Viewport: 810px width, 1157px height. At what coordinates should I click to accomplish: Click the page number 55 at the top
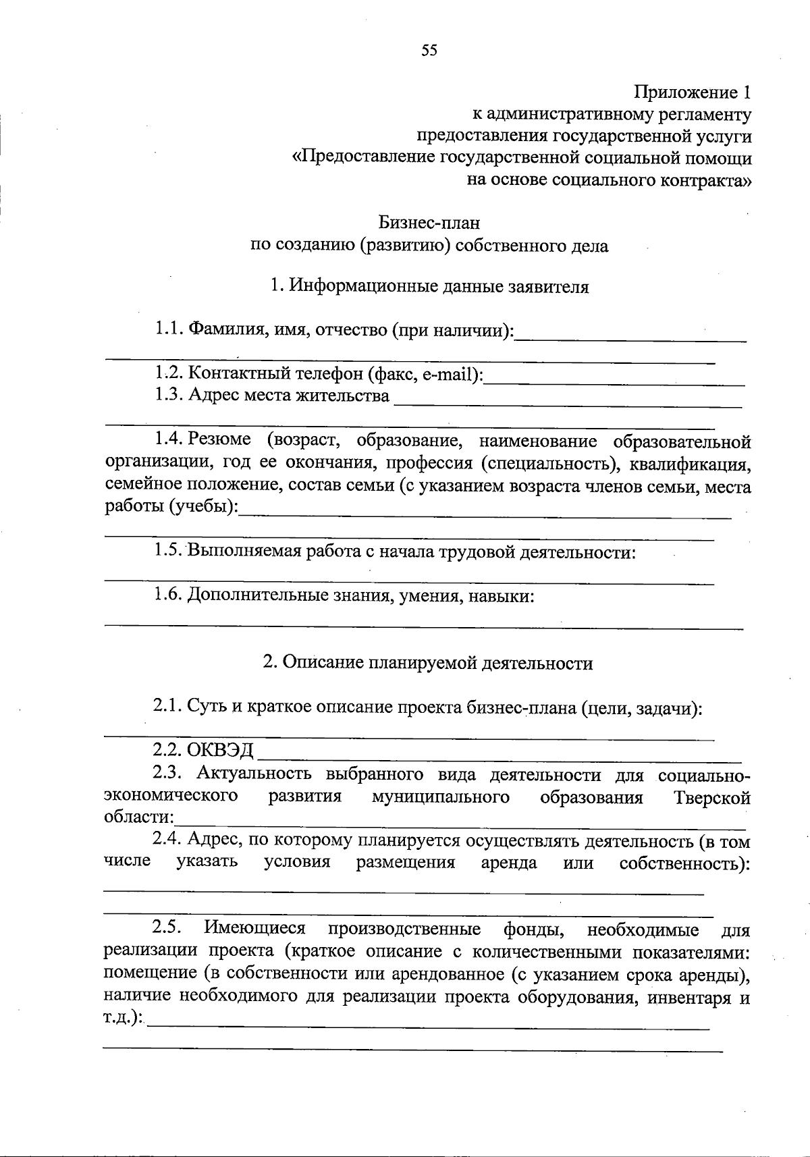429,51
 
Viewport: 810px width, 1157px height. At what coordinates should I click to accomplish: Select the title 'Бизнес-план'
429,222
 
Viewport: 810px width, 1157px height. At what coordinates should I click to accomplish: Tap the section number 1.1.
169,329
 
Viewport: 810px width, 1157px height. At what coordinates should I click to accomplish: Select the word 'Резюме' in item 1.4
220,440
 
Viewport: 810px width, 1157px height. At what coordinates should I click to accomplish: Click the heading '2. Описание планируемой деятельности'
428,663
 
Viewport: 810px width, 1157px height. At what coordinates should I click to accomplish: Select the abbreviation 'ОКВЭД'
221,750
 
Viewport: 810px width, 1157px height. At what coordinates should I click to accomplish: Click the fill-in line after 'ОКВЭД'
500,760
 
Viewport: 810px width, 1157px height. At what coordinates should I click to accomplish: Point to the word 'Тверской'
712,798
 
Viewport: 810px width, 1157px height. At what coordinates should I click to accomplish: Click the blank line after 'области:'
459,827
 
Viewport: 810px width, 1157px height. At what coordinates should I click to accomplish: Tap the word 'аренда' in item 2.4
509,863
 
